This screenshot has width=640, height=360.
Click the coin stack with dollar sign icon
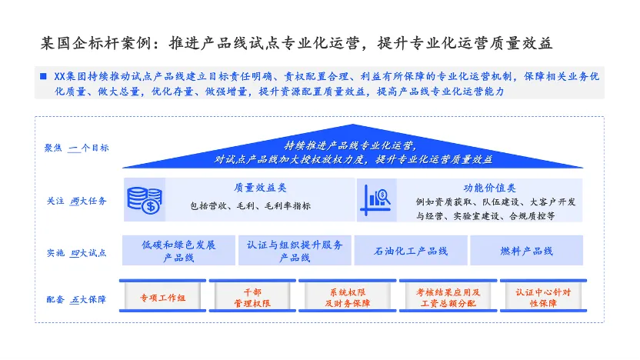coord(145,200)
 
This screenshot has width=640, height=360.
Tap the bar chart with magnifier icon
coord(376,200)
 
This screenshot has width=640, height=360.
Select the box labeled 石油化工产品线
coord(411,251)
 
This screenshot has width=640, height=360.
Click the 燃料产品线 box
coord(526,251)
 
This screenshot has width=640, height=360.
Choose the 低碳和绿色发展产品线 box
coord(178,251)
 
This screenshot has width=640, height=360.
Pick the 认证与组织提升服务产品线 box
coord(295,251)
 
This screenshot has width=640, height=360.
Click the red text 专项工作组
coord(162,298)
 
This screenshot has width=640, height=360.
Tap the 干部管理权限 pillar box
coord(252,296)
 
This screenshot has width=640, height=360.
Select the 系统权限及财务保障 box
coord(348,296)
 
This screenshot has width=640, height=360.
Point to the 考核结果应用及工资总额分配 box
coord(448,296)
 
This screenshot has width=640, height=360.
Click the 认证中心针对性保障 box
coord(543,296)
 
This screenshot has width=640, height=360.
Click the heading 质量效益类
coord(260,188)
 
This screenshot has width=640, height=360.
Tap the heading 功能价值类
coord(489,188)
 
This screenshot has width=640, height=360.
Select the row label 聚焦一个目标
coord(76,148)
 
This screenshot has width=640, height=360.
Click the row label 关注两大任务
coord(76,201)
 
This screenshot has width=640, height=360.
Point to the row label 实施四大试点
coord(76,253)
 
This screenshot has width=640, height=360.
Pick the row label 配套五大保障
coord(76,299)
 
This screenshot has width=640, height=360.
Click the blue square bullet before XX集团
coord(43,76)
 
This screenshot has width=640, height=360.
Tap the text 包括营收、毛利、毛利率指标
coord(250,205)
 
